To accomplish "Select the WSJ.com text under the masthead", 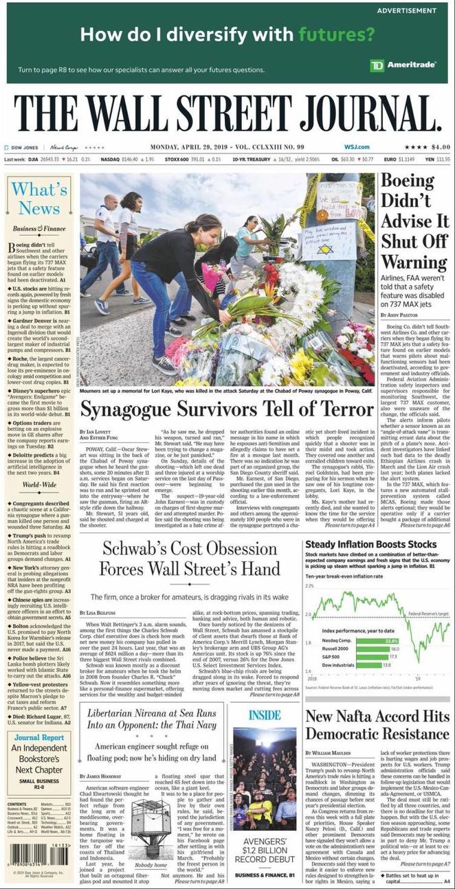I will point(357,147).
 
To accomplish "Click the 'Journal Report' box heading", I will point(38,738).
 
